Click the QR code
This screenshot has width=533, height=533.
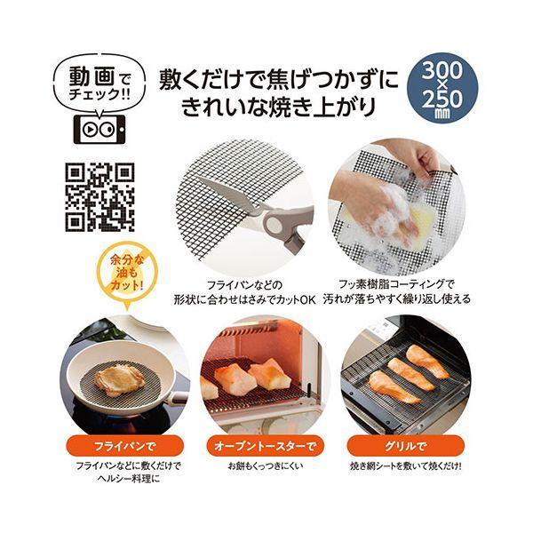click(x=99, y=197)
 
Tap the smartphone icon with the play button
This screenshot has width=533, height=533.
click(x=99, y=129)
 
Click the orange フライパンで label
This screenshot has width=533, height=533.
click(x=124, y=446)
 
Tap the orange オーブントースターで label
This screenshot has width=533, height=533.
click(x=266, y=446)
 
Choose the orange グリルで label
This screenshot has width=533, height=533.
click(x=406, y=446)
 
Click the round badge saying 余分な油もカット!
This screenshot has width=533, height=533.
click(x=127, y=274)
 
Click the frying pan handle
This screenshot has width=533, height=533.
click(x=179, y=398)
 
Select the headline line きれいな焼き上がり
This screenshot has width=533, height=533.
click(x=278, y=107)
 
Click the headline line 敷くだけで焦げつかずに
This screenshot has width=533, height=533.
click(x=279, y=79)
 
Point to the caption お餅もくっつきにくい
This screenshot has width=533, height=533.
click(x=266, y=465)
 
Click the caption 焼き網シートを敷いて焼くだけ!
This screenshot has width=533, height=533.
click(x=406, y=465)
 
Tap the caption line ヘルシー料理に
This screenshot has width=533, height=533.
click(x=129, y=479)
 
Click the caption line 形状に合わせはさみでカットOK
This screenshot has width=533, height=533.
click(x=245, y=299)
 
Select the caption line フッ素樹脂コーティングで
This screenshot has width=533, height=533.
click(x=396, y=283)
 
